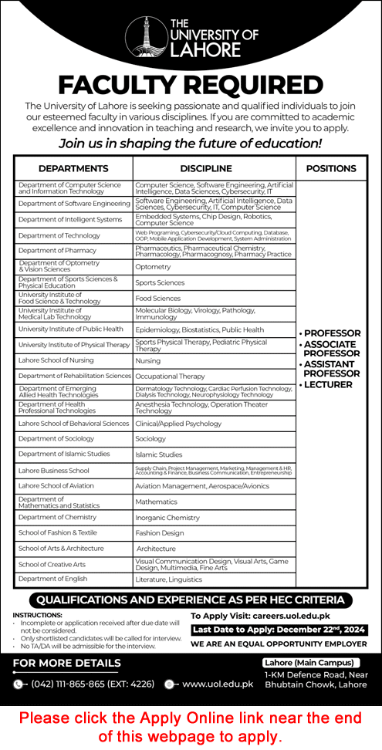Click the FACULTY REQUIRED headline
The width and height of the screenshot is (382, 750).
click(191, 85)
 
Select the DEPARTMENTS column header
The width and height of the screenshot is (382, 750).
click(73, 168)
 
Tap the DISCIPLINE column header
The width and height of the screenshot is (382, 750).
click(206, 168)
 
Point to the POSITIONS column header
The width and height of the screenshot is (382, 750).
click(330, 168)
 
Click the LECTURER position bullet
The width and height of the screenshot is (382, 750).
click(329, 384)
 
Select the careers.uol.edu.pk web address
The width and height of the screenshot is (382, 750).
click(297, 617)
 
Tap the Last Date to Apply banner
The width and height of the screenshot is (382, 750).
click(279, 630)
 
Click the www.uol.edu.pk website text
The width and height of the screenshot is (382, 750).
click(218, 684)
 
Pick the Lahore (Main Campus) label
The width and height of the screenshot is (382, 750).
click(309, 663)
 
